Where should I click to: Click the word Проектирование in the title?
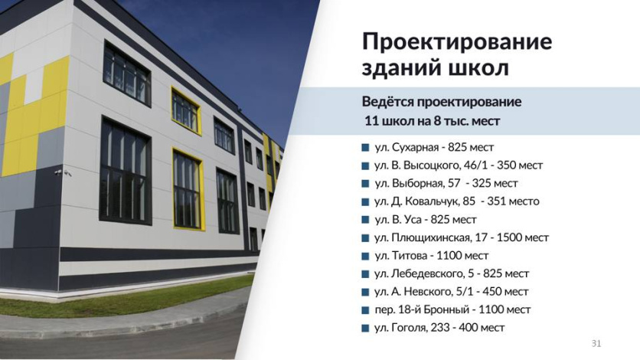(x=457, y=41)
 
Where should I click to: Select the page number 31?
(x=596, y=344)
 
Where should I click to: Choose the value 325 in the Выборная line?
(x=482, y=183)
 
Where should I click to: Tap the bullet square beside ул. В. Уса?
(x=365, y=220)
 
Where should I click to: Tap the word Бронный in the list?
(x=446, y=309)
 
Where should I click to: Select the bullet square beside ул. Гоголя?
(x=365, y=328)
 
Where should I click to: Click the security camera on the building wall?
(x=59, y=172)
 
